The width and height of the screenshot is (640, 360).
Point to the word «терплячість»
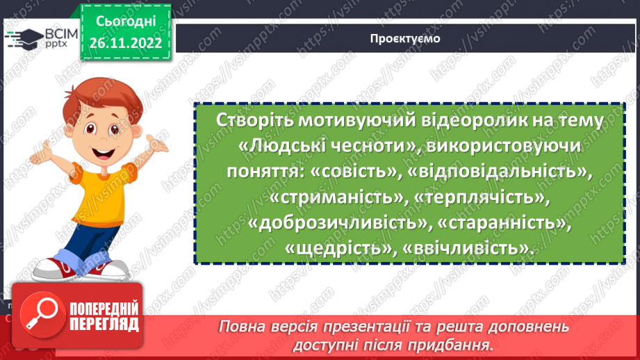coord(481,198)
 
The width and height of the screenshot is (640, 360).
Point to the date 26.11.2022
coord(125,43)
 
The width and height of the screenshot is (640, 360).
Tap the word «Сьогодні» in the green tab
coord(125,22)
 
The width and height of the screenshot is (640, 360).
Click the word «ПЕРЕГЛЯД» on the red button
coord(102,325)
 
